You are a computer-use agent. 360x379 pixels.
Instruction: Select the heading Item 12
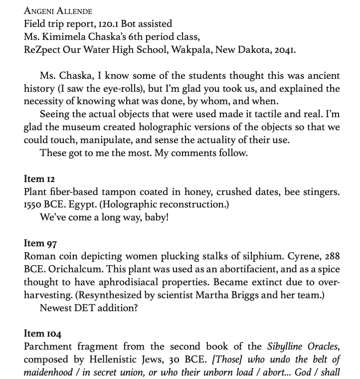coord(39,179)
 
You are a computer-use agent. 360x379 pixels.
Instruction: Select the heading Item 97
coord(40,243)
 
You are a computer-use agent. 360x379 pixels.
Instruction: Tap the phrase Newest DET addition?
coord(88,308)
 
